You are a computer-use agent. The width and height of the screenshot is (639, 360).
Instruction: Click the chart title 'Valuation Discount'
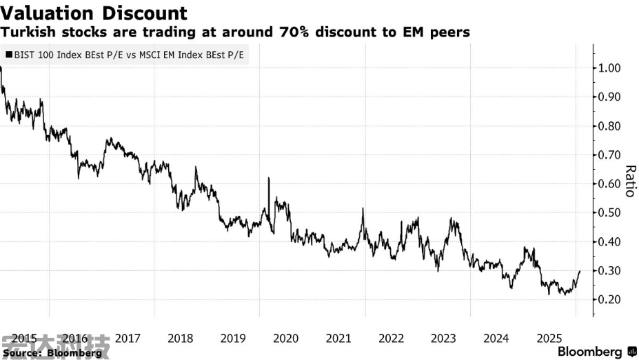pos(94,12)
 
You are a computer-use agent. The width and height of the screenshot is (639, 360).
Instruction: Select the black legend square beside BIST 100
pos(8,53)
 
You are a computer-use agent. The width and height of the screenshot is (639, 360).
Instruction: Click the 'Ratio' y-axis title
pos(629,181)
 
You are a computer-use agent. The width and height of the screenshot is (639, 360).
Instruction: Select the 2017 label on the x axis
pos(128,339)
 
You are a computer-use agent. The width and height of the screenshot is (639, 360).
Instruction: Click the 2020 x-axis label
pos(285,339)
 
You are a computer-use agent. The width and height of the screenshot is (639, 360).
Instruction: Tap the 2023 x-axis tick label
pos(443,339)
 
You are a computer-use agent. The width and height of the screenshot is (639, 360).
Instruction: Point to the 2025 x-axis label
pos(549,339)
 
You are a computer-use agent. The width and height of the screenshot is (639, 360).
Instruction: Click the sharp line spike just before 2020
pos(268,179)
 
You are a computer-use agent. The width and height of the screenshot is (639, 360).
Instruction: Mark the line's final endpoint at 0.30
pos(580,271)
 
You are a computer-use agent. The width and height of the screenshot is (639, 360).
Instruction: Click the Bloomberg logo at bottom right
pos(597,352)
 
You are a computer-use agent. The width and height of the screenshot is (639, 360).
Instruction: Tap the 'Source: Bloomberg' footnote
pos(52,352)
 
